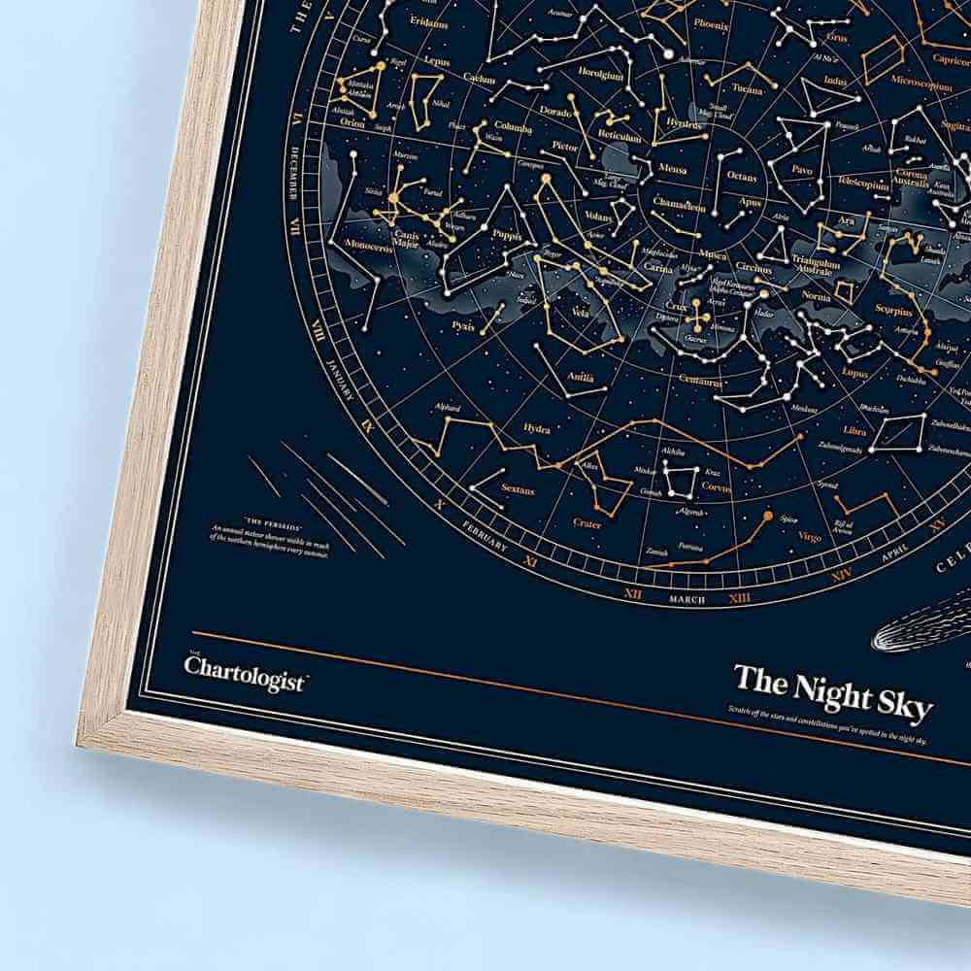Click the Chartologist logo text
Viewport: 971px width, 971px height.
pos(244,669)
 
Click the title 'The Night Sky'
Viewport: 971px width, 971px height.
pos(832,683)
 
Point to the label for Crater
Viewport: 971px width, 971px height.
pos(586,524)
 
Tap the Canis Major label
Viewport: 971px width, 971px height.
pos(405,239)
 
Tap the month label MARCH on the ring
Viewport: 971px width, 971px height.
pos(686,599)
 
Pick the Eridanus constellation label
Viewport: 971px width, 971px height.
pos(428,19)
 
